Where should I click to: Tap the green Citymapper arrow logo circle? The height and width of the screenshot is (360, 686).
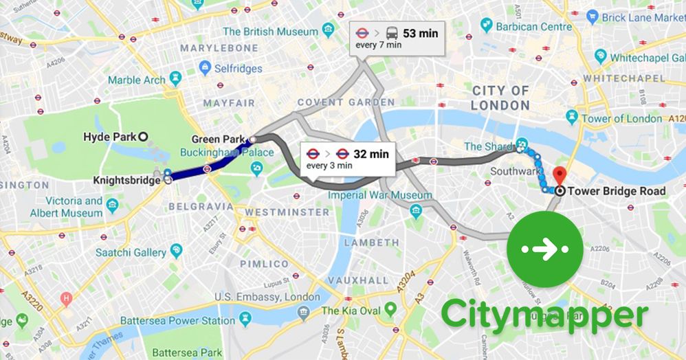[544, 250]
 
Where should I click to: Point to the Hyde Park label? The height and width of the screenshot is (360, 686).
[110, 137]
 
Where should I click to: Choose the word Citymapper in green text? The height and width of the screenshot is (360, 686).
[544, 315]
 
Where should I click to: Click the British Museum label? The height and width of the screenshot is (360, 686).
[269, 31]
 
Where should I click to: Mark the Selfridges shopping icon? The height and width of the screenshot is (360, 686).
[205, 68]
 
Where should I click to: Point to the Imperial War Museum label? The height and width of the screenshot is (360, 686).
[379, 195]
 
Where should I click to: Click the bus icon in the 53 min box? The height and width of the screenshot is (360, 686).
[390, 32]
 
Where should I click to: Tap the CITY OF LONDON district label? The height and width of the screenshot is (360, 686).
[501, 98]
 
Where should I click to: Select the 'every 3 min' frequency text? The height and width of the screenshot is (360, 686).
[329, 166]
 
